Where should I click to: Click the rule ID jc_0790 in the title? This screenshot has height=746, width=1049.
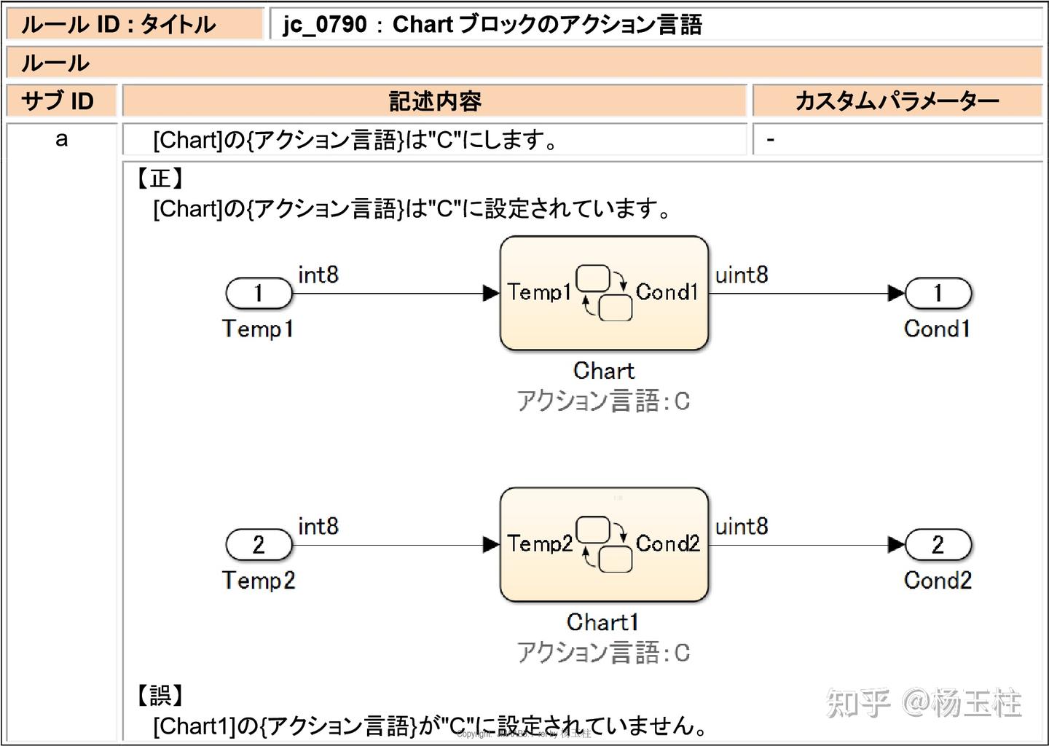(x=325, y=25)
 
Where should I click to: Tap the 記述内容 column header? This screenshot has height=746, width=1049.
(x=435, y=101)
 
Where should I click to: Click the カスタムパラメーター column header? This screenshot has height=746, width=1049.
(x=896, y=101)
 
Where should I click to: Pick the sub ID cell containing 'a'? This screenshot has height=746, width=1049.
(x=62, y=138)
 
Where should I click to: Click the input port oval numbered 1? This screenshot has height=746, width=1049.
(x=259, y=294)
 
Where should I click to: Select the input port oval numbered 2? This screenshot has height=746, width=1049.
(x=259, y=545)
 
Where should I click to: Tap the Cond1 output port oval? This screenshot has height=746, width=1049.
(x=938, y=294)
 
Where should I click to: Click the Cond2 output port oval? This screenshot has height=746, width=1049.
(x=938, y=545)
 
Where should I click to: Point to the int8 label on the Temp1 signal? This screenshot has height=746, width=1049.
(x=318, y=275)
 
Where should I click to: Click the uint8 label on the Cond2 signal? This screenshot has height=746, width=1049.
(x=742, y=526)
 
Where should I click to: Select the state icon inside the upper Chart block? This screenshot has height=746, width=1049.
(x=604, y=294)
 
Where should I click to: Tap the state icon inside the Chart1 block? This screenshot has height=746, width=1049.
(x=604, y=545)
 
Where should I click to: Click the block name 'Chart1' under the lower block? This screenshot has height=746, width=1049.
(x=603, y=622)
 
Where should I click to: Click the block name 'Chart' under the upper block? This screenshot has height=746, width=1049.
(x=604, y=371)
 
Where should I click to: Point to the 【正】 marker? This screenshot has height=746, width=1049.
(x=160, y=178)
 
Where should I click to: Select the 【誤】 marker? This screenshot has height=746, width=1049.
(x=160, y=694)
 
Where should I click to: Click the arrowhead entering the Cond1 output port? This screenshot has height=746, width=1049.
(x=896, y=294)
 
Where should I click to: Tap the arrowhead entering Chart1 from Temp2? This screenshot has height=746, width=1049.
(x=491, y=545)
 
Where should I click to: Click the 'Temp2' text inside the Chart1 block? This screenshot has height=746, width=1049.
(x=540, y=543)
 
